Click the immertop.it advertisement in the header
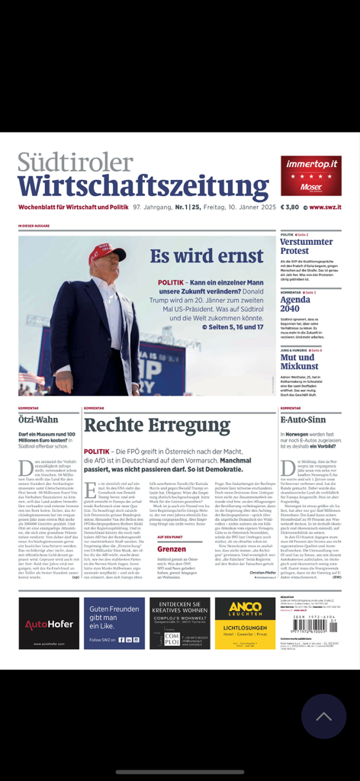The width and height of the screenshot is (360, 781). tap(310, 175)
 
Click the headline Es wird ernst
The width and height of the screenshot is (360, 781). tap(196, 256)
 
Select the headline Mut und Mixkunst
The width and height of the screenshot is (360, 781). tap(297, 362)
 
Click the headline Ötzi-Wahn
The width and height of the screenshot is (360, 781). tap(37, 419)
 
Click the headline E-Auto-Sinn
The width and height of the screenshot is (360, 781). tap(303, 419)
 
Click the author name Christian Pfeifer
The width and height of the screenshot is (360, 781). tap(260, 571)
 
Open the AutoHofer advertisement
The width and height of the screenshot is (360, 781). tap(49, 623)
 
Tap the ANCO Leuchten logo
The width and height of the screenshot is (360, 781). tap(245, 610)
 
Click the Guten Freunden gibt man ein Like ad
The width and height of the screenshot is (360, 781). tap(114, 623)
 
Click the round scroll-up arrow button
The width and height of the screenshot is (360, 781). tap(323, 716)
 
